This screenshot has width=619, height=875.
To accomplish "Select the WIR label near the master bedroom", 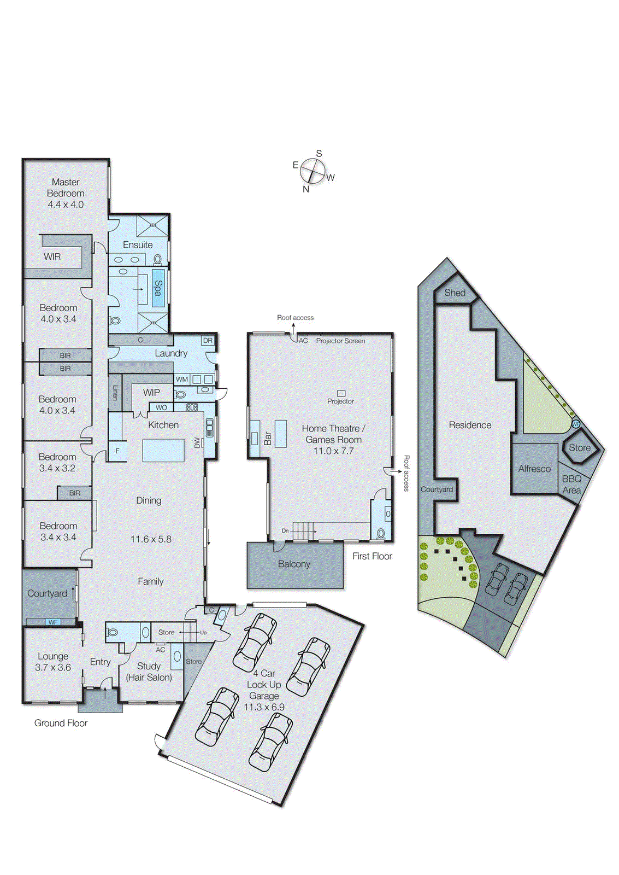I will coord(52,256).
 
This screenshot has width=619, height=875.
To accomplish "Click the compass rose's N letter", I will coord(306,189).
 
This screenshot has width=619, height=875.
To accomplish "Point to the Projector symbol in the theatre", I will coord(341,393).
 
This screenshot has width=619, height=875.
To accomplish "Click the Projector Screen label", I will coord(340,341).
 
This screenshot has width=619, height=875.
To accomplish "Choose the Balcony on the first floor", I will coord(294,564).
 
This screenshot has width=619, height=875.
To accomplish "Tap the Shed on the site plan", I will coord(455,293).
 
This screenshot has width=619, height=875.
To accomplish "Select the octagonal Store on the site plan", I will coord(580,447).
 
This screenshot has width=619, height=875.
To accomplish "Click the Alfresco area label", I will coord(534,469).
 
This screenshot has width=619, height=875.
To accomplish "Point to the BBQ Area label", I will coord(571,485).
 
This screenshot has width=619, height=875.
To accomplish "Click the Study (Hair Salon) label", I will coord(149,672).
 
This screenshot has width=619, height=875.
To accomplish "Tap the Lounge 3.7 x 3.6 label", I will coord(53,662).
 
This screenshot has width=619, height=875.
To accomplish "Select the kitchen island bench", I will coord(163,450).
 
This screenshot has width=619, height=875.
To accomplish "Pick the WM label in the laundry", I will coord(182,379).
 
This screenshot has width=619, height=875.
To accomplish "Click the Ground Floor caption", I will coord(61,723).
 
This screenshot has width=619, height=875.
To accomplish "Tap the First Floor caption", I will coord(372,556).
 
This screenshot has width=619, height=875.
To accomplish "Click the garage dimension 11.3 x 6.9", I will coord(264,707).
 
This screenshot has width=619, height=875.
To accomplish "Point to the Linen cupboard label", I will coord(115,392).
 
